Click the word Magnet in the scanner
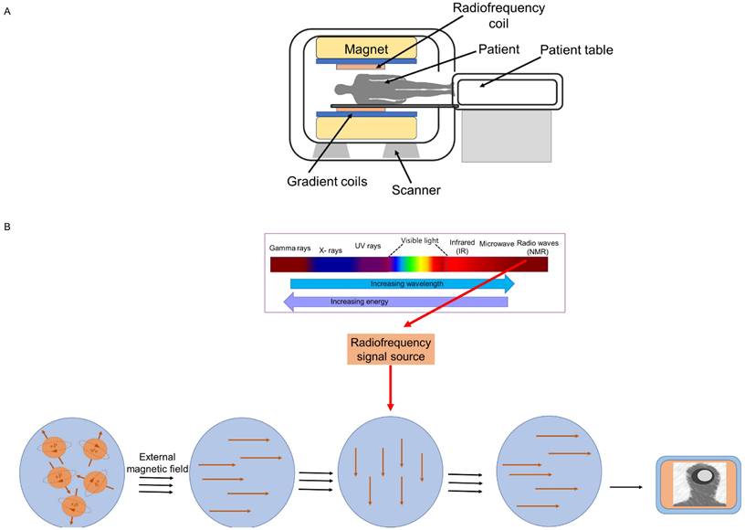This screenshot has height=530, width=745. pyautogui.click(x=365, y=48)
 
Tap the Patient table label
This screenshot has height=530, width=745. pyautogui.click(x=576, y=49)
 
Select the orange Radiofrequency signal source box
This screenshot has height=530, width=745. pyautogui.click(x=389, y=349)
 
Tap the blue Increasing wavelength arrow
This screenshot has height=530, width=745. pyautogui.click(x=402, y=285)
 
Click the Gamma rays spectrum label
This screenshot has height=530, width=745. pyautogui.click(x=289, y=248)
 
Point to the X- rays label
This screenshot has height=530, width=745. pyautogui.click(x=331, y=249)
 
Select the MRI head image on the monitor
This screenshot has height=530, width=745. pyautogui.click(x=703, y=485)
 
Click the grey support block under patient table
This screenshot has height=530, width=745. pyautogui.click(x=505, y=136)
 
